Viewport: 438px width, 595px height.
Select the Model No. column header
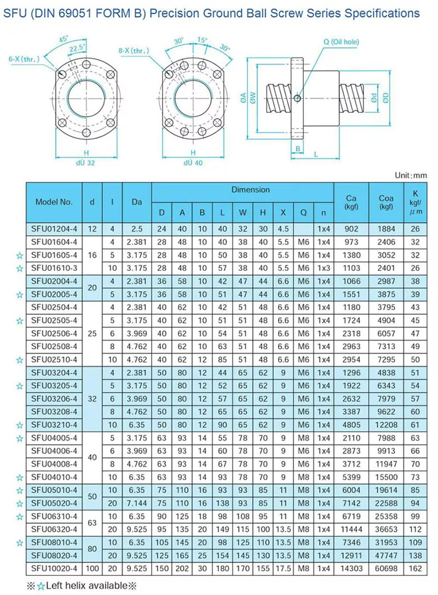(54, 201)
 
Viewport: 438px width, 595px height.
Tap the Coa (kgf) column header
(386, 201)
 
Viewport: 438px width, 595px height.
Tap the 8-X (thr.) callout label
(134, 51)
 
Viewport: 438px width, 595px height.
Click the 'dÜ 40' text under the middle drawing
(193, 162)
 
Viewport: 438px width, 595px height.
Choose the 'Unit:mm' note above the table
(410, 175)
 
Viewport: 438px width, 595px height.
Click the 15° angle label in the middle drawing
(203, 41)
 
